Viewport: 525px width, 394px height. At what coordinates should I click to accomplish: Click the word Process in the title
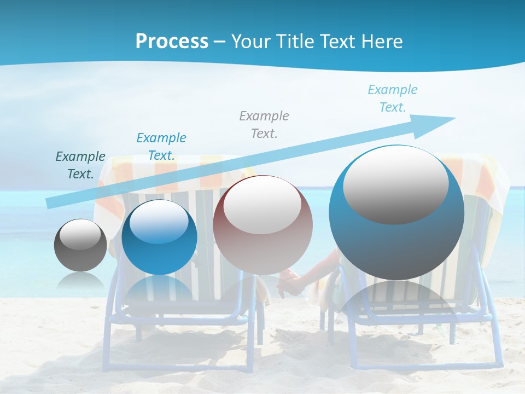tap(172, 42)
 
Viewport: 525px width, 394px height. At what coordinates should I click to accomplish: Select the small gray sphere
tap(80, 245)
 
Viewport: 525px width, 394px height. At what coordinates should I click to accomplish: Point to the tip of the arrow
tap(454, 118)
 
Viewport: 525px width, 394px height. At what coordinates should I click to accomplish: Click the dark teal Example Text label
tap(80, 165)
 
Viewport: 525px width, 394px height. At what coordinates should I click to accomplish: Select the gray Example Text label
tap(264, 124)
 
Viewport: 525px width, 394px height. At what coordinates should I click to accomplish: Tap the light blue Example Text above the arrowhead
tap(393, 99)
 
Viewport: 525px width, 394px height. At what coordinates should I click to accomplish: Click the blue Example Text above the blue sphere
tap(161, 146)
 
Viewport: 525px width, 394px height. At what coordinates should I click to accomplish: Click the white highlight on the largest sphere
tap(395, 185)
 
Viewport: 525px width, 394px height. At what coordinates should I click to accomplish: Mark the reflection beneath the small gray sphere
tap(80, 280)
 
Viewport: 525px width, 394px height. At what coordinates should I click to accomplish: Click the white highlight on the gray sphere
tap(80, 234)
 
